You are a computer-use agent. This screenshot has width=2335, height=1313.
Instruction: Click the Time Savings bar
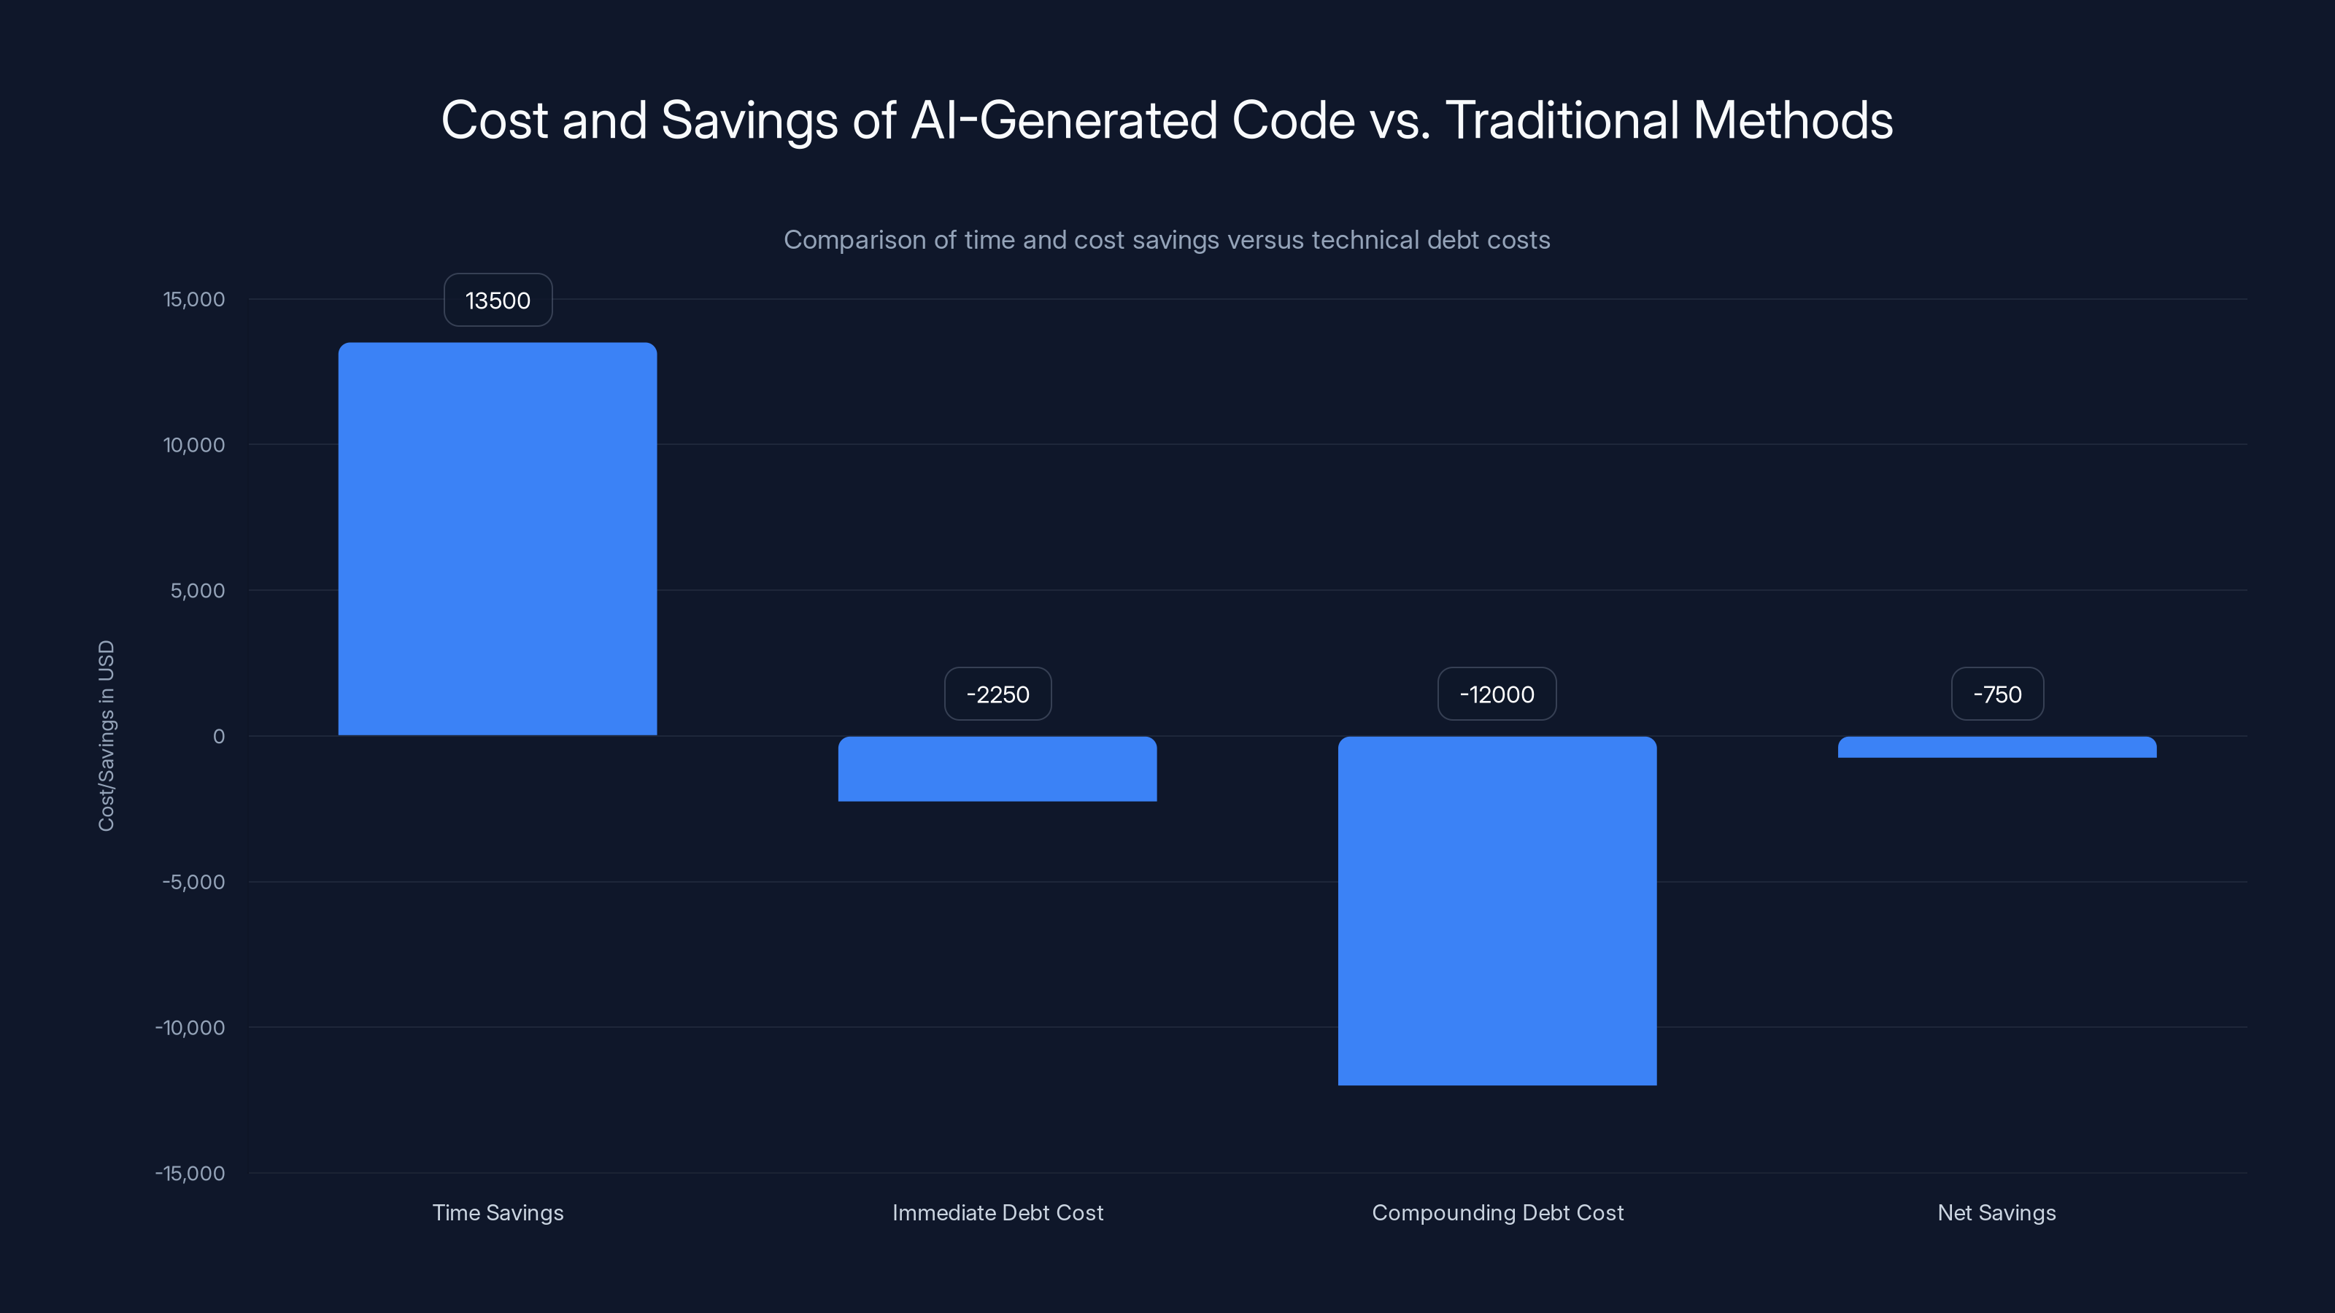[x=498, y=539]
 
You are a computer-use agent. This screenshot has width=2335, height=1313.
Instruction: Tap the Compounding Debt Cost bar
[x=1497, y=910]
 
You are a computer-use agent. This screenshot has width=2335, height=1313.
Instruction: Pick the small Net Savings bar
[x=1997, y=748]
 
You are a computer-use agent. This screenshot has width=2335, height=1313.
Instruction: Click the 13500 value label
[x=498, y=300]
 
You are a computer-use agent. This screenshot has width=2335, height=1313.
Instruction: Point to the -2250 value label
[x=997, y=694]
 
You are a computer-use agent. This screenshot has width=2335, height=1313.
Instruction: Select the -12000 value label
[x=1497, y=694]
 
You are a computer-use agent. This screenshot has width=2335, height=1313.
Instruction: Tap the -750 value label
[x=1997, y=694]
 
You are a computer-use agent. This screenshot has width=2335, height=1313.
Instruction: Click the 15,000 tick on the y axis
[x=194, y=299]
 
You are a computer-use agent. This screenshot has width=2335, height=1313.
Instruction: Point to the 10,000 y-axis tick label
[x=194, y=445]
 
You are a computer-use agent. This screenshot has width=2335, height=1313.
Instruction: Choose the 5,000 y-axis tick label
[x=198, y=591]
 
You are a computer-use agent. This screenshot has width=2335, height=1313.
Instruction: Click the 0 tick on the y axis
[x=218, y=737]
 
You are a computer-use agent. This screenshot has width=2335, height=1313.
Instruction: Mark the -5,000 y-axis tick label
[x=194, y=882]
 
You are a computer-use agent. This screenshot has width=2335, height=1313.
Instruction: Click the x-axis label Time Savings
[x=498, y=1212]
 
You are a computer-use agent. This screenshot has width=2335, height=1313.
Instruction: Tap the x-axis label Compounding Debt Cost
[x=1497, y=1212]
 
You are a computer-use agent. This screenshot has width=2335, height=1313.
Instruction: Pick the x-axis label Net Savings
[x=1997, y=1212]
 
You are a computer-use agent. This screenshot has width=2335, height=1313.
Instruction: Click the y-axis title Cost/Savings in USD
[x=106, y=736]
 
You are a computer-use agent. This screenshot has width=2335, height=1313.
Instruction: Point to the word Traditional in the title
[x=1562, y=120]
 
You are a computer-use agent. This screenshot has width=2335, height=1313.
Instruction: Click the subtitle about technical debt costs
[x=1167, y=240]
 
